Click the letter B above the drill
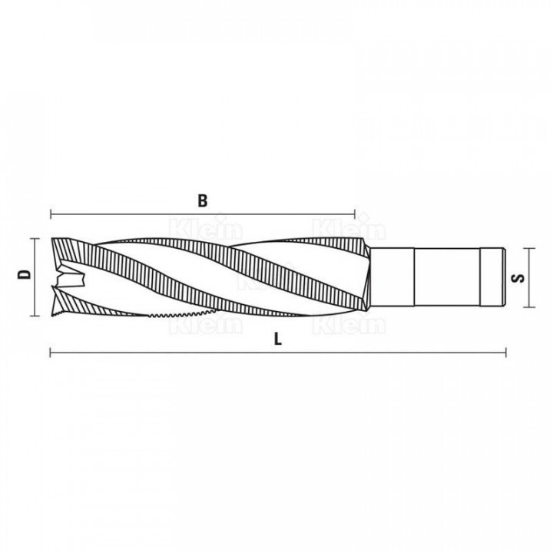click(x=203, y=200)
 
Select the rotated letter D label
click(x=25, y=274)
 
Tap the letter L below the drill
click(x=278, y=339)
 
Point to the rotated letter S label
click(x=518, y=278)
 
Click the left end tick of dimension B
click(x=51, y=214)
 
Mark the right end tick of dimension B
click(x=354, y=214)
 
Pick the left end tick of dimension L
click(x=51, y=353)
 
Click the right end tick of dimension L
click(x=506, y=353)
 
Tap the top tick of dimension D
click(x=35, y=239)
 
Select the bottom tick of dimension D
click(x=35, y=316)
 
